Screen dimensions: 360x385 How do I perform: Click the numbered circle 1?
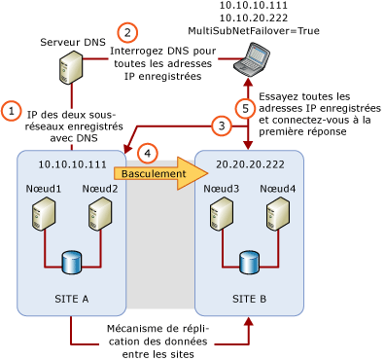pyautogui.click(x=11, y=111)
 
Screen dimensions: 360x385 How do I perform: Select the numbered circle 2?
pyautogui.click(x=126, y=32)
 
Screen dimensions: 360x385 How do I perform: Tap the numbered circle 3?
pyautogui.click(x=222, y=126)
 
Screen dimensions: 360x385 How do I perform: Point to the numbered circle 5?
pyautogui.click(x=246, y=108)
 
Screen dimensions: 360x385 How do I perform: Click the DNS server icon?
pyautogui.click(x=70, y=68)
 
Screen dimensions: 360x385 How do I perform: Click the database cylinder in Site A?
pyautogui.click(x=71, y=262)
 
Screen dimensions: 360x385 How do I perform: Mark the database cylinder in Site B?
pyautogui.click(x=249, y=262)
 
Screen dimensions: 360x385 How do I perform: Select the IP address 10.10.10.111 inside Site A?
pyautogui.click(x=71, y=164)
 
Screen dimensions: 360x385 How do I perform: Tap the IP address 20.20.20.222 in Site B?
pyautogui.click(x=250, y=164)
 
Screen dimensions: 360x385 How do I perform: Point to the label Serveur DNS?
pyautogui.click(x=73, y=43)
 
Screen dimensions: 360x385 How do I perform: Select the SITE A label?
pyautogui.click(x=71, y=298)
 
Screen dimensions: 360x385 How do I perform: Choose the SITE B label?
pyautogui.click(x=249, y=298)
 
